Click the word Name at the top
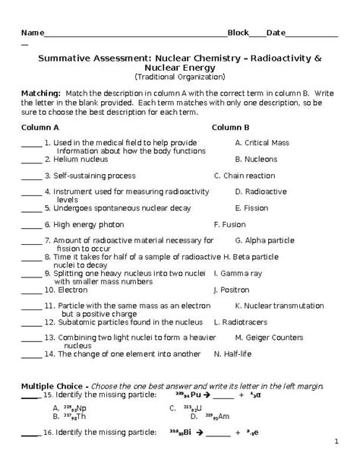pos(31,33)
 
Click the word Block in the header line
pos(238,33)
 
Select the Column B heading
pos(231,127)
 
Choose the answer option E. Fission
pos(251,207)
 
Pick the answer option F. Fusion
pos(229,224)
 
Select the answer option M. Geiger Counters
pos(269,337)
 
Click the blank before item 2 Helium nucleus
pos(31,160)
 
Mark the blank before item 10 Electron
pos(31,290)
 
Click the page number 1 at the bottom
pos(335,441)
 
